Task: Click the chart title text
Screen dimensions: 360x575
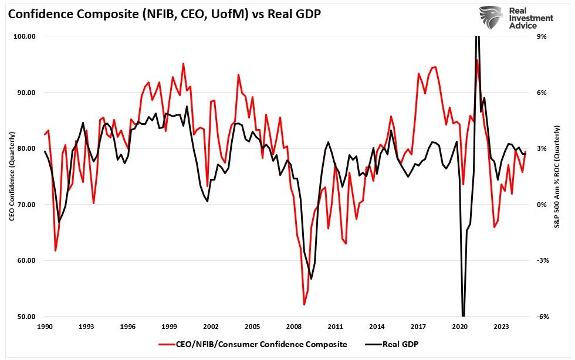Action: click(164, 13)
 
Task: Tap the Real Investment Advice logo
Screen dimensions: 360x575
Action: click(516, 18)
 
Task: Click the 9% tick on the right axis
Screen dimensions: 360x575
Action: click(542, 36)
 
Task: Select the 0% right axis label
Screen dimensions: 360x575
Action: click(542, 205)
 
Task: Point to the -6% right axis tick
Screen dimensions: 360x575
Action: click(542, 317)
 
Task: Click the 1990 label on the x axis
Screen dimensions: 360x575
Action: click(45, 326)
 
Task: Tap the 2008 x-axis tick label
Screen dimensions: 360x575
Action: click(295, 326)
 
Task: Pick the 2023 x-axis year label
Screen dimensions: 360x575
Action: click(502, 326)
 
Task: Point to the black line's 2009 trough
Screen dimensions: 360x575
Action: click(311, 279)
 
